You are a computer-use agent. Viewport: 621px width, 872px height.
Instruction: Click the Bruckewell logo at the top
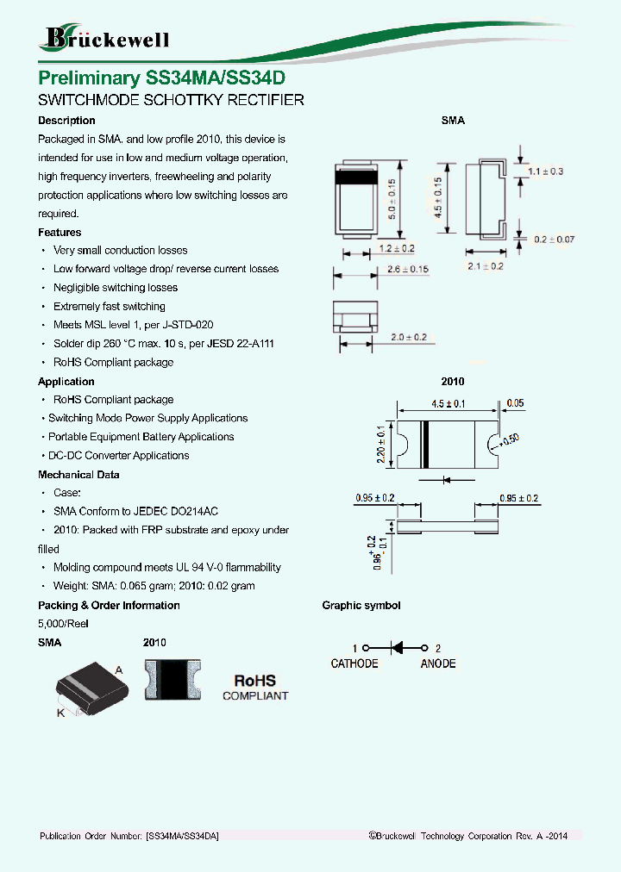coord(105,37)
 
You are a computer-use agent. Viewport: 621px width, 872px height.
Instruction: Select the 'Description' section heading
coord(66,121)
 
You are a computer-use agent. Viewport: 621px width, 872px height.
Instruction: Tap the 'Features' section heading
coord(60,233)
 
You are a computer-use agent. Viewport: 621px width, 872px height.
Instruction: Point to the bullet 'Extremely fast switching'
coord(109,307)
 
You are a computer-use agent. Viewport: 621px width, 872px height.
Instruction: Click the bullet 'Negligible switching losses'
coord(116,288)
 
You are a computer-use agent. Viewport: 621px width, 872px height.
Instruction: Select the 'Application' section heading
coord(66,382)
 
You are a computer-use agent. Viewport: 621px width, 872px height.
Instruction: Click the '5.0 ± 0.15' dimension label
coord(391,199)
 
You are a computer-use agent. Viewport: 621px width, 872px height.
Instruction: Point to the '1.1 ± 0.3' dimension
coord(544,171)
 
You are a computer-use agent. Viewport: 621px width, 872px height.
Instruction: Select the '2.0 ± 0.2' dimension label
coord(409,338)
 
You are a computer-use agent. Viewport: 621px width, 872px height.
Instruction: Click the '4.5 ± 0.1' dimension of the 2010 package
coord(448,403)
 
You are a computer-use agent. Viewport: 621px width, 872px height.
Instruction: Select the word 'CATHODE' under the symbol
coord(354,663)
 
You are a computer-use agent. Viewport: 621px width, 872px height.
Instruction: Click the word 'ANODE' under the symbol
coord(438,663)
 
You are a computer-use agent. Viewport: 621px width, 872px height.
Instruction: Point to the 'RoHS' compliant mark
coord(255,682)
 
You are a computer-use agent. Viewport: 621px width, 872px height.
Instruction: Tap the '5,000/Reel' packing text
coord(63,624)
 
